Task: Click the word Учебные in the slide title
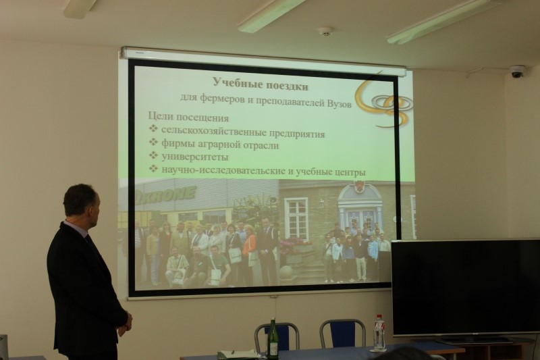pos(235,83)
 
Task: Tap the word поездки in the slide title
pos(285,85)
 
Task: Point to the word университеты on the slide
pos(194,157)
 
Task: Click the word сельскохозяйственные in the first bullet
pos(213,131)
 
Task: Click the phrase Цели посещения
pos(188,117)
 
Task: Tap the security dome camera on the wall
pos(517,72)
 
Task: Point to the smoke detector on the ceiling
pos(325,31)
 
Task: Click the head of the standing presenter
pos(81,203)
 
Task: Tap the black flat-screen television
pos(466,288)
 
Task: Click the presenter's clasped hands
pos(125,323)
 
